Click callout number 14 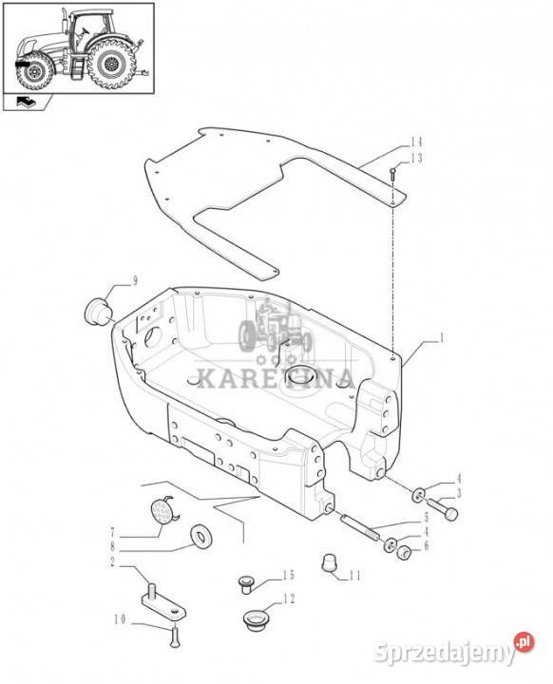tap(416, 142)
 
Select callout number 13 tap(416, 158)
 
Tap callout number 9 tap(135, 281)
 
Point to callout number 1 tap(442, 338)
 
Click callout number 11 tap(354, 576)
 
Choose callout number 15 tap(289, 575)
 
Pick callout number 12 tap(289, 598)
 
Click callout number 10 tap(120, 619)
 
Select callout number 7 tap(112, 533)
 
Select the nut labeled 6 tap(403, 553)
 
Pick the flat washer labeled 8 tap(201, 536)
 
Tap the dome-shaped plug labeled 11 tap(331, 561)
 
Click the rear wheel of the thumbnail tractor tap(109, 64)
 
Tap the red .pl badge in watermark tap(524, 641)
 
